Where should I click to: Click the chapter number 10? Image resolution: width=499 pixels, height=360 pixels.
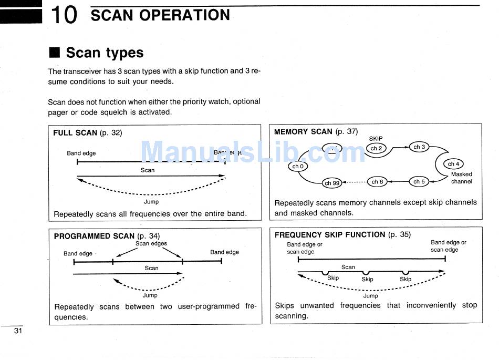(x=64, y=15)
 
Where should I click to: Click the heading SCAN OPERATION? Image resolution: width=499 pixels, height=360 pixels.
(x=160, y=15)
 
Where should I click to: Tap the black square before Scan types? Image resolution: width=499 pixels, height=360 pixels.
(x=54, y=53)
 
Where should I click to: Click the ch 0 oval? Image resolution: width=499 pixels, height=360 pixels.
(x=298, y=167)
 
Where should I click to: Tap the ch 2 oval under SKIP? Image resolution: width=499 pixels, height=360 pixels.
(x=376, y=148)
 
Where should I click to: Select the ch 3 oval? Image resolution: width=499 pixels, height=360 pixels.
(x=419, y=147)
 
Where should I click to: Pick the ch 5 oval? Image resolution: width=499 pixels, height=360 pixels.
(x=419, y=182)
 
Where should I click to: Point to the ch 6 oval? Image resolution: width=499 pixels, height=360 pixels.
(x=377, y=182)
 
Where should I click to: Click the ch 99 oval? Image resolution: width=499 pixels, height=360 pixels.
(x=332, y=183)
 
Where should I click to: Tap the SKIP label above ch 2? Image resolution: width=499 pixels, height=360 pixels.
(x=376, y=139)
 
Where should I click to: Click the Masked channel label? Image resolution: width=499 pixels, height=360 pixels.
(x=461, y=178)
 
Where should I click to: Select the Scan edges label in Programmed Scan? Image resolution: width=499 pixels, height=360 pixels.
(x=151, y=243)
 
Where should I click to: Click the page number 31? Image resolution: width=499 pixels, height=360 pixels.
(x=17, y=331)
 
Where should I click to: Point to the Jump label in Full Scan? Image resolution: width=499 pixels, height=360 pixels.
(x=151, y=201)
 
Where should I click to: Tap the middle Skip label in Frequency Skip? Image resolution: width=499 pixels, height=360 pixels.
(x=367, y=279)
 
